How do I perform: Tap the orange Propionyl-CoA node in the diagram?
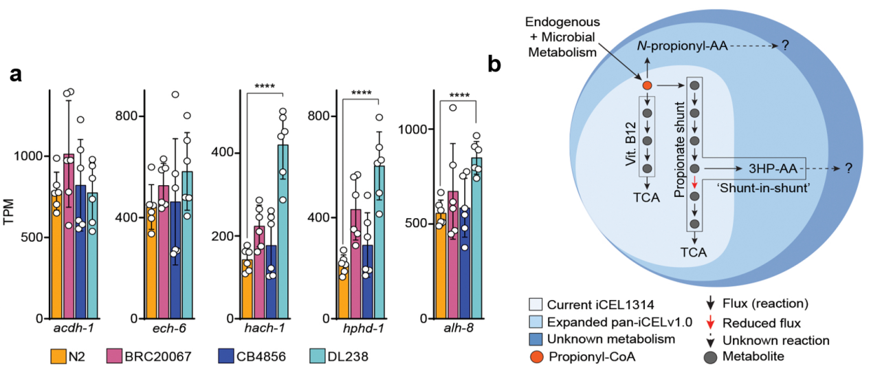click(x=647, y=85)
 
